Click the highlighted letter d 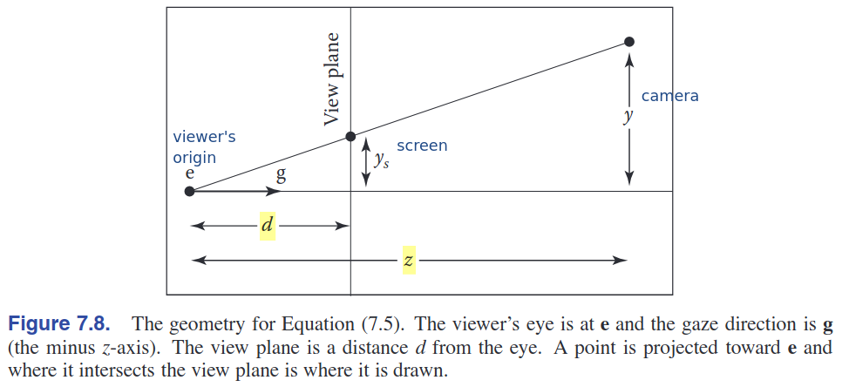pyautogui.click(x=267, y=225)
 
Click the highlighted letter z pyautogui.click(x=409, y=261)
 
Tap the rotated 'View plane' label pyautogui.click(x=331, y=79)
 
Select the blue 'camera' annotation pyautogui.click(x=669, y=96)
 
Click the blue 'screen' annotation pyautogui.click(x=422, y=146)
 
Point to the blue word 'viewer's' pyautogui.click(x=204, y=136)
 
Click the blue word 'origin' pyautogui.click(x=194, y=158)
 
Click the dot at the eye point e pyautogui.click(x=189, y=191)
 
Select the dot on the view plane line pyautogui.click(x=350, y=136)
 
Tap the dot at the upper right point pyautogui.click(x=628, y=42)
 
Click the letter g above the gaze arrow pyautogui.click(x=281, y=175)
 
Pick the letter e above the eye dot pyautogui.click(x=189, y=173)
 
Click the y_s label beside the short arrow pyautogui.click(x=381, y=160)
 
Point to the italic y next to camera pyautogui.click(x=628, y=116)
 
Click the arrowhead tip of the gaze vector pyautogui.click(x=281, y=191)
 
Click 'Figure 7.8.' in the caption pyautogui.click(x=59, y=323)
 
